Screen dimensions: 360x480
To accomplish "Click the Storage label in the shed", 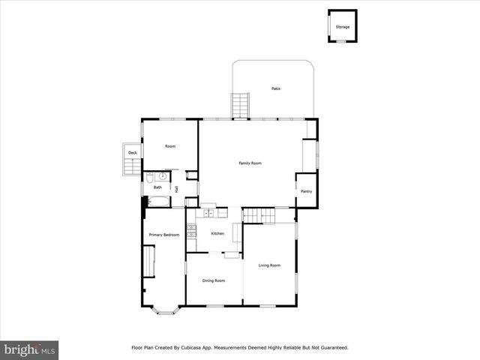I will click(342, 27).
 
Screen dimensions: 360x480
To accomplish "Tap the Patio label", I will click(275, 89).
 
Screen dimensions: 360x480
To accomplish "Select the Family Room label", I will click(250, 163).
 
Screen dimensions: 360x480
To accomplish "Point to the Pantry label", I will click(306, 191).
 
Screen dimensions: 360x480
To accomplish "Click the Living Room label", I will click(269, 265).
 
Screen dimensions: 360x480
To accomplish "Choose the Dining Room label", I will click(214, 280).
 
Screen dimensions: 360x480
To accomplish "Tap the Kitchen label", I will click(217, 233).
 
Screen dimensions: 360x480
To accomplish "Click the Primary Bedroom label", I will click(163, 235).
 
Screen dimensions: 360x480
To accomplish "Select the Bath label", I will click(157, 187).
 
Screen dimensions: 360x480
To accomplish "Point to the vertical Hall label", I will click(177, 190).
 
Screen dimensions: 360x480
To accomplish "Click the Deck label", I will click(133, 153).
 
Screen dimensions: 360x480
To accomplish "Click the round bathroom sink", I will click(150, 177).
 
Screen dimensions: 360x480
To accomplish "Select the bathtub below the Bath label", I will click(157, 201).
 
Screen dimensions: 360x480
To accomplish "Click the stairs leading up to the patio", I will click(239, 105).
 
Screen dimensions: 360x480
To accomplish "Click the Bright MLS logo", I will click(29, 349).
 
